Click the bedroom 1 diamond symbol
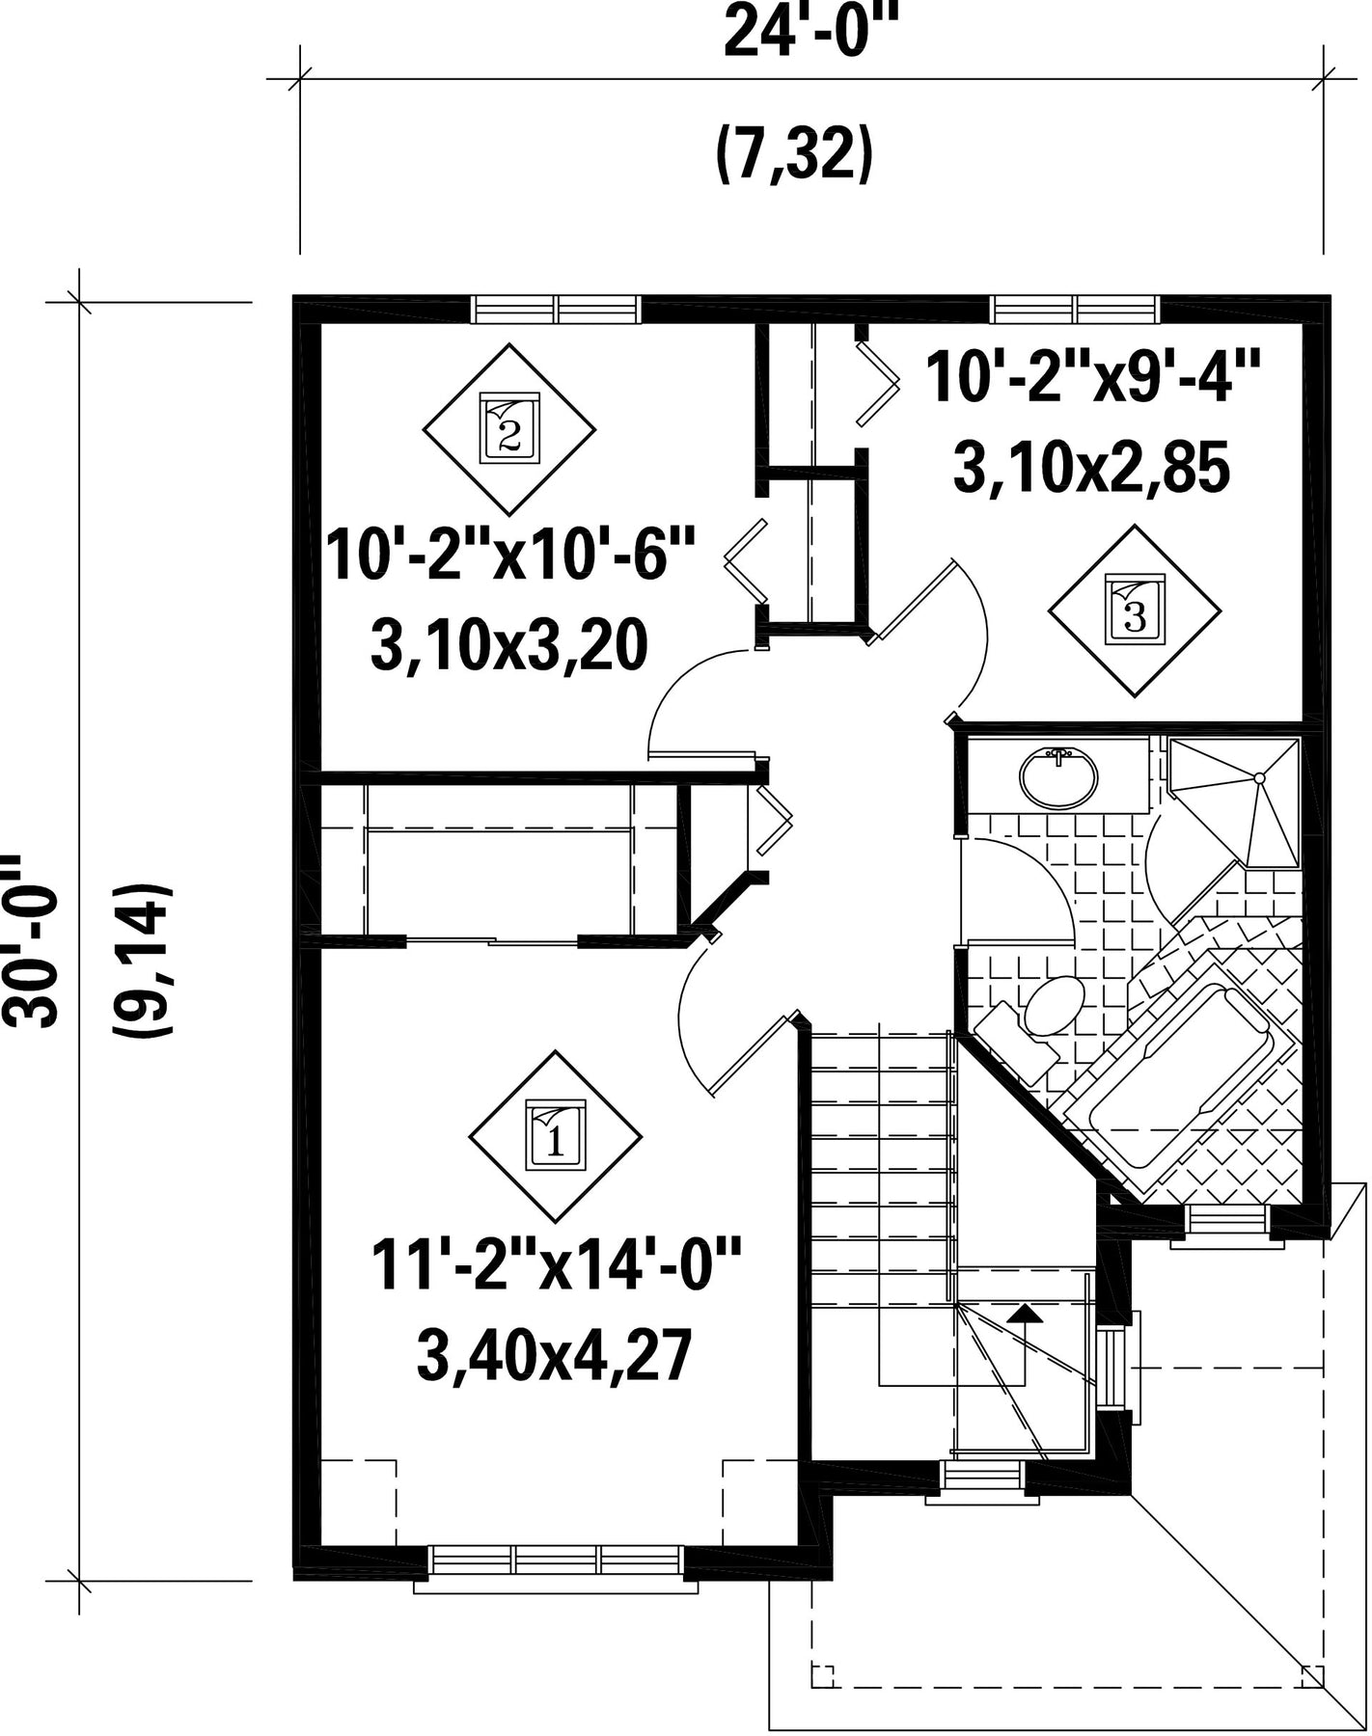[555, 1136]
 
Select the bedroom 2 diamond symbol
[509, 429]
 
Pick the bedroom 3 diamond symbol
[1135, 610]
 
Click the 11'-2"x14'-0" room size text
[557, 1267]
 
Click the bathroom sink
[1059, 777]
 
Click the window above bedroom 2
[557, 309]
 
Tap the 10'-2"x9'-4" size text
[1092, 377]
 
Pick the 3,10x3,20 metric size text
[508, 646]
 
